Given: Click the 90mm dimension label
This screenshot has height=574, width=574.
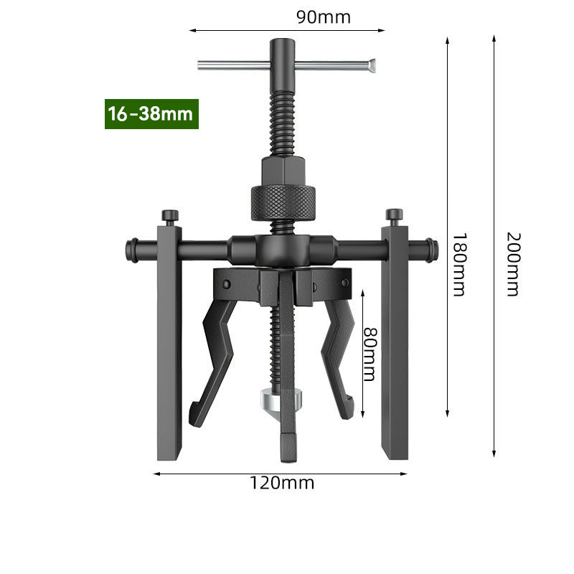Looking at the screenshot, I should [x=324, y=17].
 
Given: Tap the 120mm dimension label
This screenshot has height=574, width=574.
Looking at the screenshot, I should [x=282, y=483].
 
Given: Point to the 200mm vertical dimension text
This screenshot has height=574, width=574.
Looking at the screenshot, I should [x=512, y=263].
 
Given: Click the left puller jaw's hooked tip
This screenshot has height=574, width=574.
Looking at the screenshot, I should [x=194, y=416].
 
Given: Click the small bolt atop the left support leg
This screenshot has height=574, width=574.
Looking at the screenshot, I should [x=169, y=215].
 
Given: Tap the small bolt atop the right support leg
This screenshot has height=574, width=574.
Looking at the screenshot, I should [x=394, y=215].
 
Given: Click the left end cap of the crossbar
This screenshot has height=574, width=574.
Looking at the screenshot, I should [x=132, y=250].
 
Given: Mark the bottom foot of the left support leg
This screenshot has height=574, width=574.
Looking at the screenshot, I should [x=169, y=452].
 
